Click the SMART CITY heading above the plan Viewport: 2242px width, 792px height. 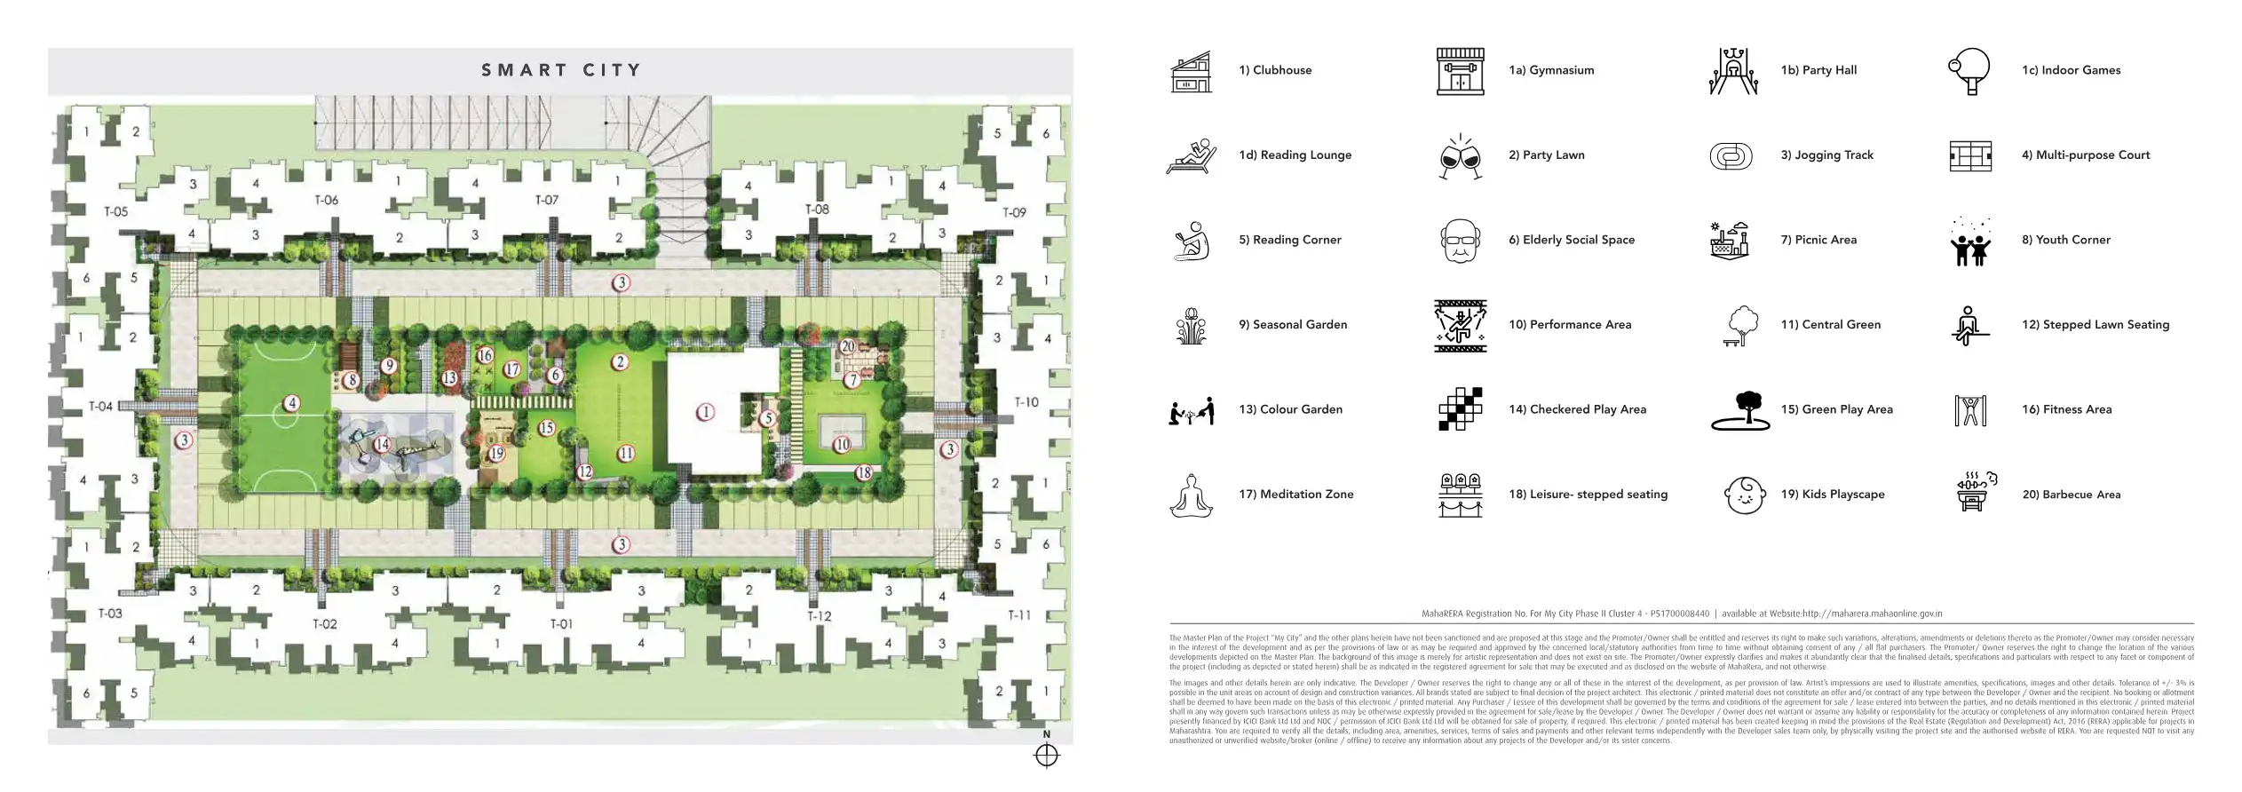pos(560,70)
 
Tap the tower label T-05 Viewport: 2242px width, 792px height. pos(116,212)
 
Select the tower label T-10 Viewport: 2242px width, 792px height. pos(1026,402)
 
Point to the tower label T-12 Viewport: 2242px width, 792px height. pos(819,615)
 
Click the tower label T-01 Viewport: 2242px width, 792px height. pos(561,624)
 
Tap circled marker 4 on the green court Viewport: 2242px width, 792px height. pos(292,404)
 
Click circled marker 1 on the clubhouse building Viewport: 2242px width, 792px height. pos(705,412)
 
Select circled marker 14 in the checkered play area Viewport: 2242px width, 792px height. pos(382,444)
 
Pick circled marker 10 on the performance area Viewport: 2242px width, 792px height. pos(842,444)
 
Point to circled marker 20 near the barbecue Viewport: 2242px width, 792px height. pos(847,346)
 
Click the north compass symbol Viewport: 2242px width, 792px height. pos(1047,755)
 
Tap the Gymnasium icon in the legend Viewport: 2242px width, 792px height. pos(1460,71)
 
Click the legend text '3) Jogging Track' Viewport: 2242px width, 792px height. pos(1826,155)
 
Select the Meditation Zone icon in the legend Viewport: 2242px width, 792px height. pos(1191,495)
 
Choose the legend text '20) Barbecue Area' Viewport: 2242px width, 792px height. pos(2071,495)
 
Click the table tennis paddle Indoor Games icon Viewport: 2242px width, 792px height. pos(1969,71)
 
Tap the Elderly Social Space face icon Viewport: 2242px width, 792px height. pos(1460,241)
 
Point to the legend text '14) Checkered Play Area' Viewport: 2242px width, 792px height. pos(1577,409)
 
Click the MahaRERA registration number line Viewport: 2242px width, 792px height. pos(1682,614)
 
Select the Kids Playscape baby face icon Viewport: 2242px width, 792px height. pos(1744,495)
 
